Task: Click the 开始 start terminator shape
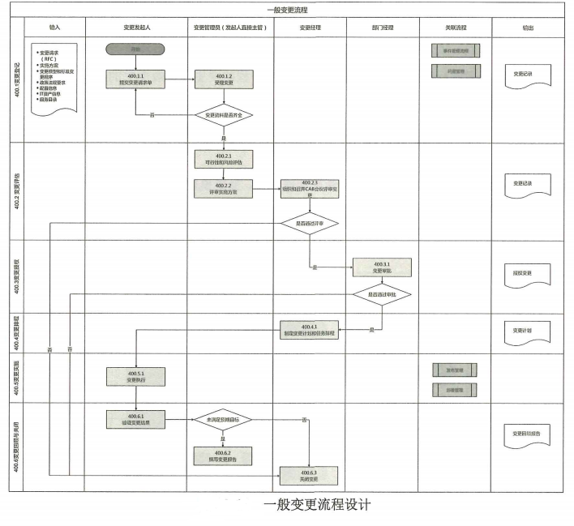135,49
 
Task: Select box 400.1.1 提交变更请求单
135,79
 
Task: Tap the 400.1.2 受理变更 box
224,79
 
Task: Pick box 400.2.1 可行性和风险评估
224,159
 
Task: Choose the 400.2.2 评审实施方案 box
224,188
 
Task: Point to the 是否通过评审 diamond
309,222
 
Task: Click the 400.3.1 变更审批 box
381,267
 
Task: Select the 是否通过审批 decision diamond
381,295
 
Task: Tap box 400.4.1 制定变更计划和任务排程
309,331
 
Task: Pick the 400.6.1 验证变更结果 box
135,419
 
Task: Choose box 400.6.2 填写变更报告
224,455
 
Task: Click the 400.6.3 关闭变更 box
309,475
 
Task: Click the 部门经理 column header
381,27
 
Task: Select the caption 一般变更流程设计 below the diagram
317,506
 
